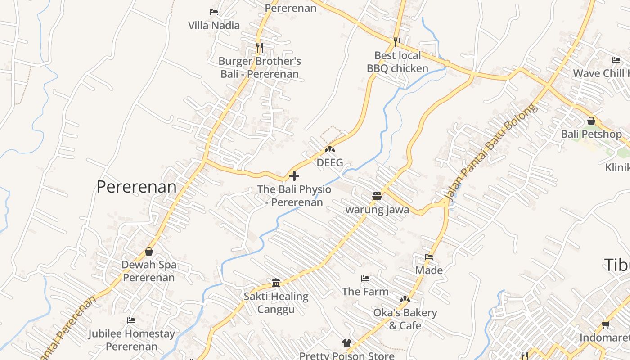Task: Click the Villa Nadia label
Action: (214, 25)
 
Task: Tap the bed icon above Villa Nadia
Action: (214, 12)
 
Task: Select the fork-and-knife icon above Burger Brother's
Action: (259, 46)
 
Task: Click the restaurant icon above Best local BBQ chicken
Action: (397, 42)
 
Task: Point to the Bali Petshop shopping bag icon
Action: (591, 121)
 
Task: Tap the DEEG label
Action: (330, 162)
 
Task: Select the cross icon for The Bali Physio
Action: (294, 175)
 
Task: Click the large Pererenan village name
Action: (136, 187)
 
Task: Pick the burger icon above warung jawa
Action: (377, 196)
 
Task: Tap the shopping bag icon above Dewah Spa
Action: (149, 252)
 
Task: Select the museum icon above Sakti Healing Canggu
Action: (276, 283)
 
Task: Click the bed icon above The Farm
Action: (365, 279)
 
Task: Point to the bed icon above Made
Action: (429, 257)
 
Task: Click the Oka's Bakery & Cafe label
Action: (405, 319)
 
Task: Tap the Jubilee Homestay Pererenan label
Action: (131, 340)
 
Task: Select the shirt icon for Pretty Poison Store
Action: (346, 343)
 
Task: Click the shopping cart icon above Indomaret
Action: (605, 324)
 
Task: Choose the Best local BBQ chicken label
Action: (397, 62)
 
